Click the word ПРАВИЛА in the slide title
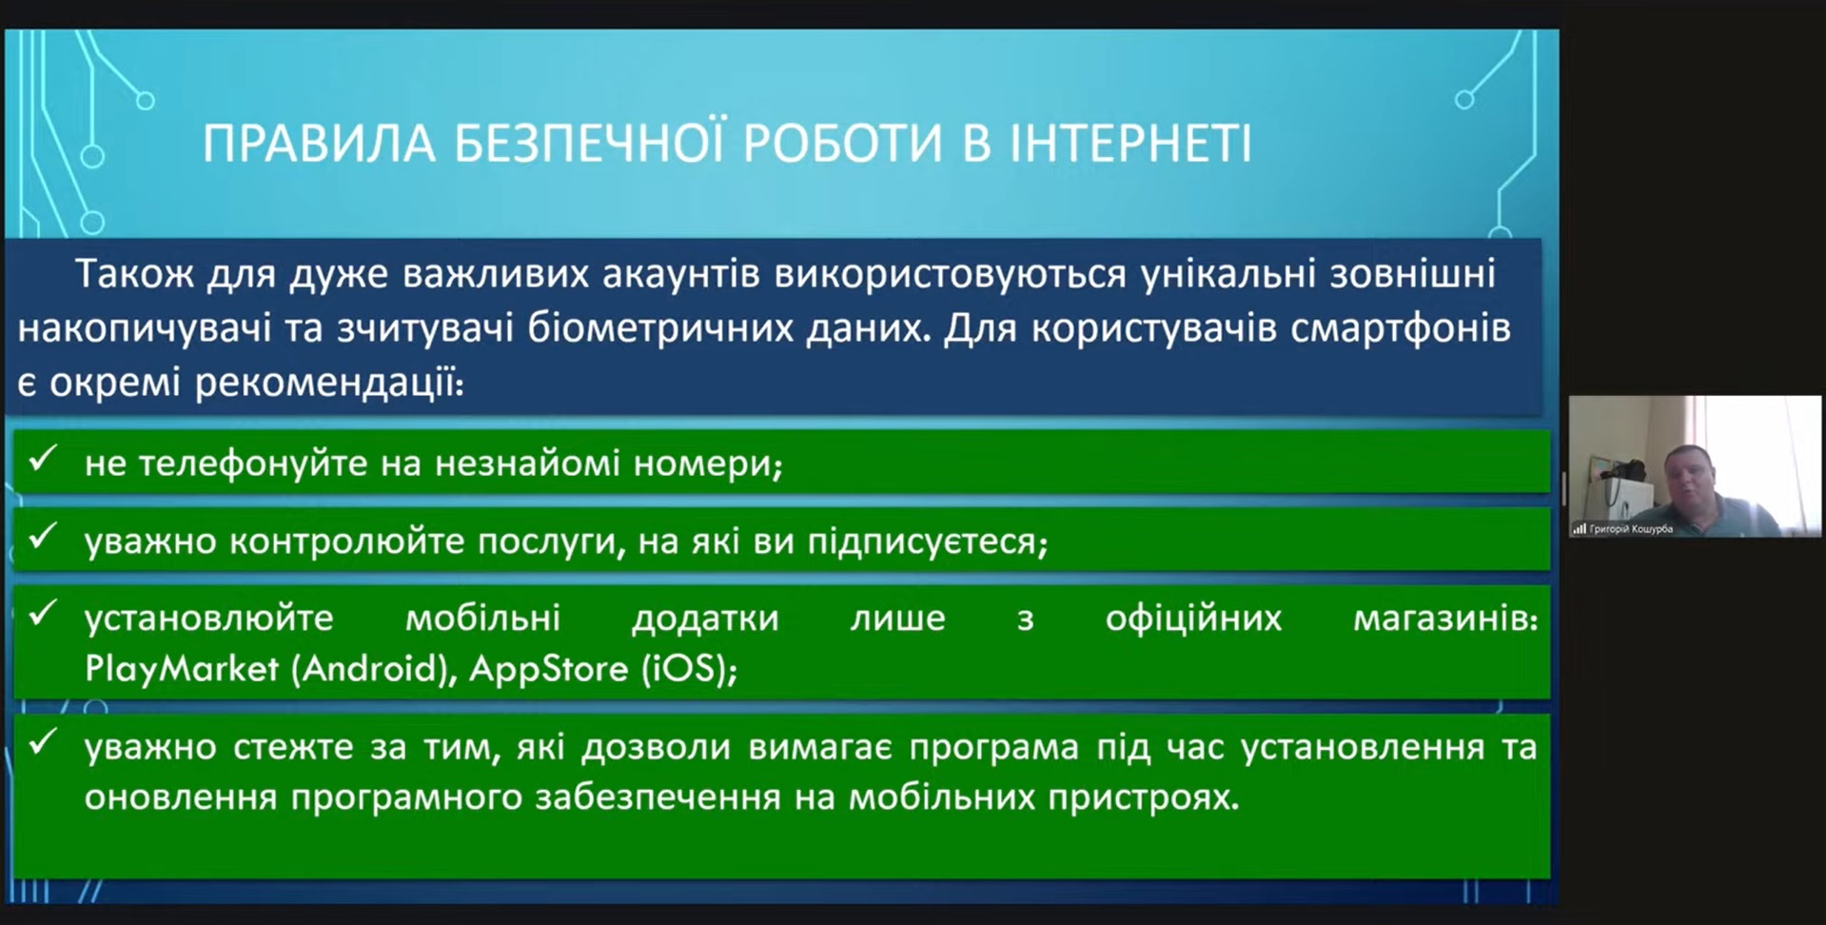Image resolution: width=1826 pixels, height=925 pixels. coord(320,145)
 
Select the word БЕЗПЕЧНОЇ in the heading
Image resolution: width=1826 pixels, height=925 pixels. coord(591,143)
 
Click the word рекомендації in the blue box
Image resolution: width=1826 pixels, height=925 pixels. coord(328,384)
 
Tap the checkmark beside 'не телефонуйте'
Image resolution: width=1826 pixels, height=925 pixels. coord(44,460)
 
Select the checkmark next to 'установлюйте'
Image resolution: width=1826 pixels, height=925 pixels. coord(44,614)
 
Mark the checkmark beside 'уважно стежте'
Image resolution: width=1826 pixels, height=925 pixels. coord(44,742)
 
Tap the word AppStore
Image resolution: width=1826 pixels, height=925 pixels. coord(549,668)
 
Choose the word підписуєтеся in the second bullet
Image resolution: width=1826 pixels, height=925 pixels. coord(927,542)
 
